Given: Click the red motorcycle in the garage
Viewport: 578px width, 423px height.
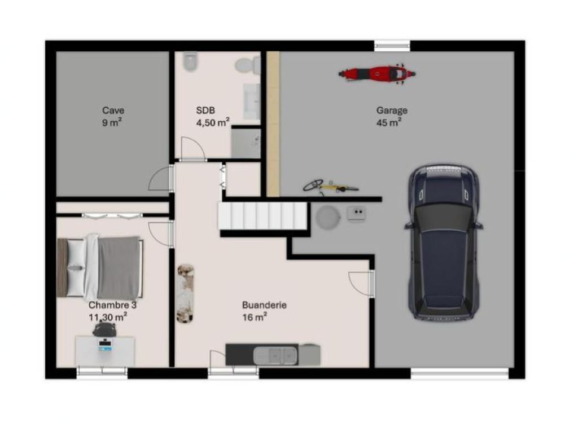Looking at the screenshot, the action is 376,73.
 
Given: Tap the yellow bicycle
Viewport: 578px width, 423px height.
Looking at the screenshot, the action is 330,187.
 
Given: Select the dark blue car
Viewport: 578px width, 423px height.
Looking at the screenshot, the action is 444,242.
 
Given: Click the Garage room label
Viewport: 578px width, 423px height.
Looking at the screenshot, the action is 392,110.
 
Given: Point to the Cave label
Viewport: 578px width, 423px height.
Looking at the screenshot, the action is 113,110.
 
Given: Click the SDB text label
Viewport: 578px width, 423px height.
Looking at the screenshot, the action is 205,110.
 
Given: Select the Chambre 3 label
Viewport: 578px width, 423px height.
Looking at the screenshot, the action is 112,305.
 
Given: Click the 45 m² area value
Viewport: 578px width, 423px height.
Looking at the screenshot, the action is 389,122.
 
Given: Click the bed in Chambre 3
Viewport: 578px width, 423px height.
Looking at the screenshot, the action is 100,267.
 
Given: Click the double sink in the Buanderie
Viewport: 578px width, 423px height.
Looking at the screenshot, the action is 275,355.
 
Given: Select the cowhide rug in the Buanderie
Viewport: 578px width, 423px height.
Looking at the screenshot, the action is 185,293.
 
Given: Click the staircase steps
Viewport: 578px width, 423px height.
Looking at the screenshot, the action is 262,216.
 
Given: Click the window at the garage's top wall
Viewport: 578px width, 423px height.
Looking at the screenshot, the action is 392,46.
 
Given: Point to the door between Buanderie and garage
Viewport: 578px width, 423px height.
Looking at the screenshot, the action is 362,283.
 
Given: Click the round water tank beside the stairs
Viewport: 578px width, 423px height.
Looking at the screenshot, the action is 327,217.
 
